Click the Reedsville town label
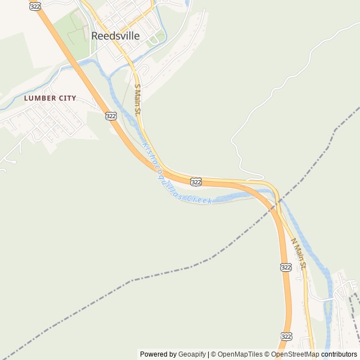tap(115, 35)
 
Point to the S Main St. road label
tap(137, 100)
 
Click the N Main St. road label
tap(298, 254)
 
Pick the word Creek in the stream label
tap(199, 200)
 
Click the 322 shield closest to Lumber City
tap(111, 116)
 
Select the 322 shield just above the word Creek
tap(196, 182)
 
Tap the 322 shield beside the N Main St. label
tap(286, 267)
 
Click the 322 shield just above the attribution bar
tap(287, 336)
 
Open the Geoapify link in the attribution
tap(192, 354)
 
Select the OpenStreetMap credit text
tap(295, 354)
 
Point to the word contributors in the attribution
tap(339, 354)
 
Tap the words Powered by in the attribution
tap(159, 354)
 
